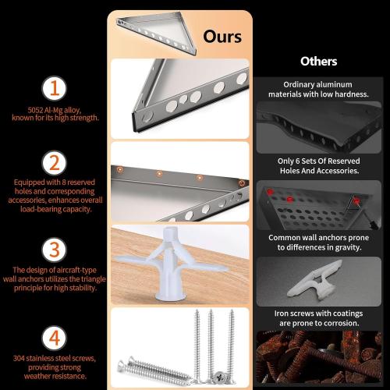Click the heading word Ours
click(x=222, y=37)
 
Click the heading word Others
click(x=319, y=62)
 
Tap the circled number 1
click(x=55, y=88)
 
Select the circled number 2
click(x=55, y=163)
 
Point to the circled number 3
click(x=55, y=250)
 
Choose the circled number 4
click(x=55, y=338)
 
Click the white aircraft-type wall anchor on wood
click(x=170, y=264)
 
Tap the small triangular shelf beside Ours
click(x=157, y=33)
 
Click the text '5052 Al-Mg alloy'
click(x=55, y=110)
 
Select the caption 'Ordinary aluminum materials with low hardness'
click(x=318, y=89)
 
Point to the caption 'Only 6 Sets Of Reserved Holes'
click(x=319, y=165)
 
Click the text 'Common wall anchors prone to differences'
click(x=319, y=243)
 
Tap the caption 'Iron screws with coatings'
click(x=318, y=314)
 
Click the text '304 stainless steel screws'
click(x=55, y=358)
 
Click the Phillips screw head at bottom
click(x=220, y=377)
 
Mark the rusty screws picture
click(x=319, y=357)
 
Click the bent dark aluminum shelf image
click(x=319, y=127)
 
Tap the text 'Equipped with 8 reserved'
click(x=55, y=183)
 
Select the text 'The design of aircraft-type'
click(x=55, y=270)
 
